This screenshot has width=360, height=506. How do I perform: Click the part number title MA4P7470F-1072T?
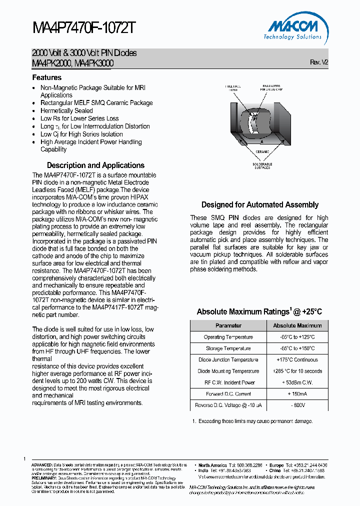(83, 28)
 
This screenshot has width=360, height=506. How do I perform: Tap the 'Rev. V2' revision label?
(319, 62)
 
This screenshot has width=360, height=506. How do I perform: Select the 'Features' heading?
(47, 77)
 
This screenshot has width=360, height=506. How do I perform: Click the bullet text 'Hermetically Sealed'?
(66, 110)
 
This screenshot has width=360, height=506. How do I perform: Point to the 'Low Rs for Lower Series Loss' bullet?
(79, 118)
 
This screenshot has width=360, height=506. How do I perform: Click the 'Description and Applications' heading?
(95, 165)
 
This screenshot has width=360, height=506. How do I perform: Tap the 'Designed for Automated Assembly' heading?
(259, 204)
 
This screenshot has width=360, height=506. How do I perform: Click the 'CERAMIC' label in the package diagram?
(262, 151)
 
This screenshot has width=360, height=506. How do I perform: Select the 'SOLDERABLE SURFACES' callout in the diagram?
(262, 166)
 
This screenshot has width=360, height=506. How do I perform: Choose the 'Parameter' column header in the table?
(228, 325)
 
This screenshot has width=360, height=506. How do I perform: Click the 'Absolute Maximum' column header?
(297, 325)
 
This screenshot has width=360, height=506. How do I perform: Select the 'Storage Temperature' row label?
(228, 348)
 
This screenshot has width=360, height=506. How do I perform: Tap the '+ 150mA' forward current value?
(297, 394)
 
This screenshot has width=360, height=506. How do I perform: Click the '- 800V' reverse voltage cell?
(297, 405)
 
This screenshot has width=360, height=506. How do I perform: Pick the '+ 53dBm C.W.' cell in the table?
(297, 382)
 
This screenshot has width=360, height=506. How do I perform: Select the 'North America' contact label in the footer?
(212, 465)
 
